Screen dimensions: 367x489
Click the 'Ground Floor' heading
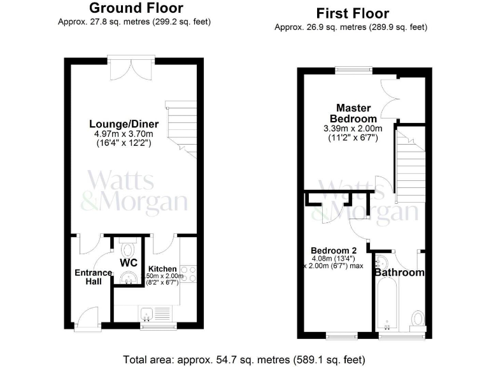tap(136, 8)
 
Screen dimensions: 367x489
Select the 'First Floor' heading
tap(352, 13)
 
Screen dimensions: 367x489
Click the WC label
tap(130, 262)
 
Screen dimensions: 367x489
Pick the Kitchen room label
tap(162, 270)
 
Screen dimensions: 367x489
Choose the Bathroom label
tap(399, 273)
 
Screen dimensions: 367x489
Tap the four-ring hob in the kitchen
tap(188, 273)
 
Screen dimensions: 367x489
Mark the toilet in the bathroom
tap(418, 317)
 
